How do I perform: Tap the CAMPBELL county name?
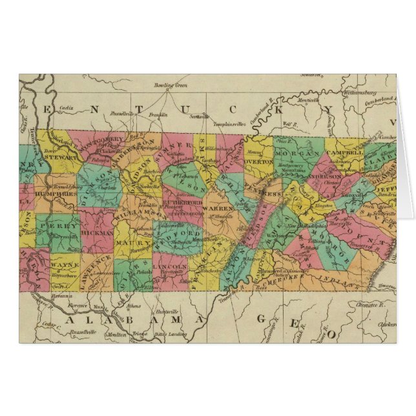(344, 156)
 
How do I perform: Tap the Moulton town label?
(116, 334)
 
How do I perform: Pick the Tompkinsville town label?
(228, 122)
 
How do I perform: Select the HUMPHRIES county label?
(53, 192)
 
